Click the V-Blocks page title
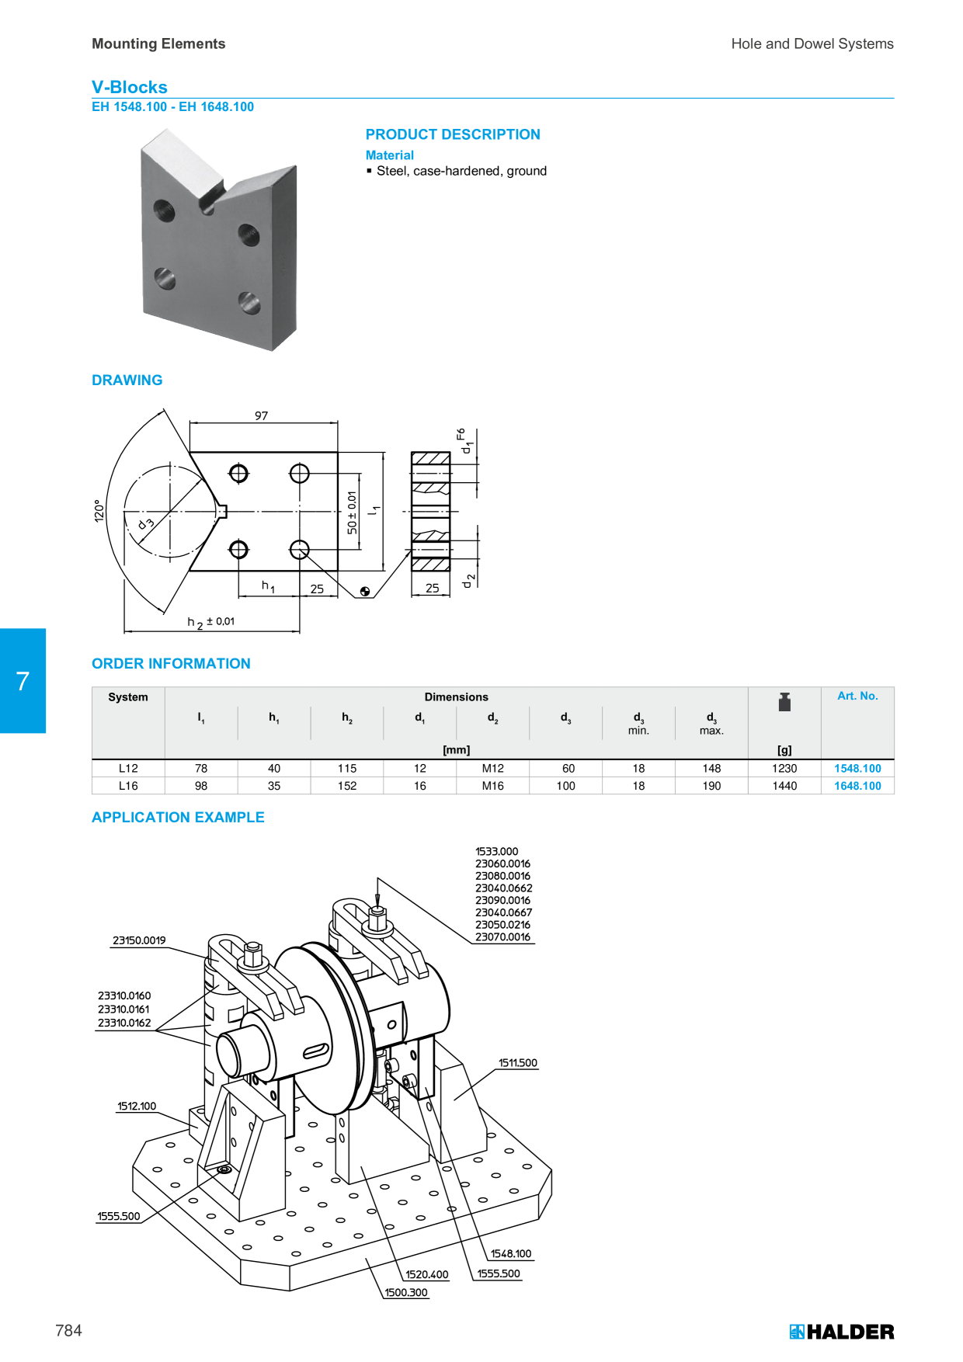pyautogui.click(x=130, y=87)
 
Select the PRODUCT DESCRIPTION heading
pyautogui.click(x=453, y=134)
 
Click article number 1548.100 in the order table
pyautogui.click(x=857, y=768)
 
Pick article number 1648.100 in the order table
pyautogui.click(x=857, y=786)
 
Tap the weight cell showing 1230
pyautogui.click(x=784, y=768)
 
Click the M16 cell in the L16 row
pyautogui.click(x=493, y=786)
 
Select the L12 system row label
pyautogui.click(x=128, y=768)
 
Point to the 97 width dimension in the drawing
pyautogui.click(x=262, y=415)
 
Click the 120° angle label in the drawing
pyautogui.click(x=99, y=510)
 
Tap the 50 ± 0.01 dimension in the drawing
pyautogui.click(x=352, y=512)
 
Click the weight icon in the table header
pyautogui.click(x=784, y=702)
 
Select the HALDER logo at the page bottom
pyautogui.click(x=842, y=1332)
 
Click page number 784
pyautogui.click(x=68, y=1330)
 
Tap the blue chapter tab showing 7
pyautogui.click(x=23, y=680)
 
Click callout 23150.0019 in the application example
pyautogui.click(x=139, y=940)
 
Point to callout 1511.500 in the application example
pyautogui.click(x=518, y=1063)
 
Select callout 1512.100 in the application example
pyautogui.click(x=137, y=1107)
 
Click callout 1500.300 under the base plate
pyautogui.click(x=406, y=1293)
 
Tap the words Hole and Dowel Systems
pyautogui.click(x=812, y=44)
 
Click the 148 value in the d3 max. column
pyautogui.click(x=711, y=768)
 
